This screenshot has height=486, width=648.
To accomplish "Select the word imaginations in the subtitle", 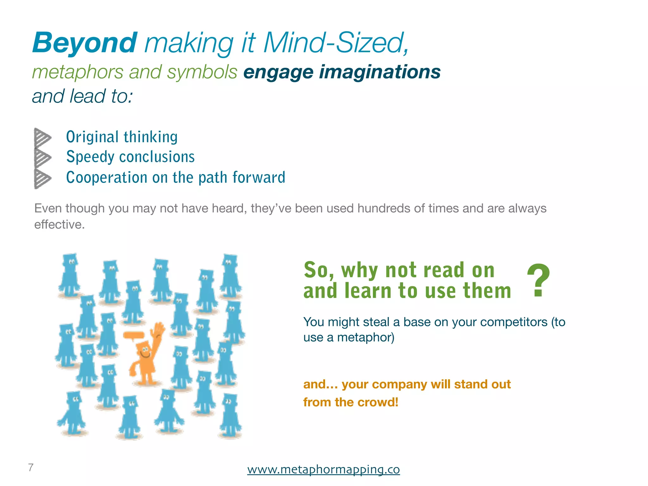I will coord(380,72).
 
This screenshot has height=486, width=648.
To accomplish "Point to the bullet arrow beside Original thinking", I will coord(42,137).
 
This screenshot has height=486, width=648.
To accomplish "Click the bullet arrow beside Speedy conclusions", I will coord(42,157).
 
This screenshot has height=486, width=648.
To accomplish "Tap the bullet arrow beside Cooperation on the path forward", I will coord(42,178).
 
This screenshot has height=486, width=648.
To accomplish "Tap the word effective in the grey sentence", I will coord(58,225).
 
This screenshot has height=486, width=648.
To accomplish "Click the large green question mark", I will coord(538,280).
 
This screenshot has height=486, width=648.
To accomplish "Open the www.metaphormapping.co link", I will coord(323,469).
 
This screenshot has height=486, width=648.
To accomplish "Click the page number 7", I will coord(31,467).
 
